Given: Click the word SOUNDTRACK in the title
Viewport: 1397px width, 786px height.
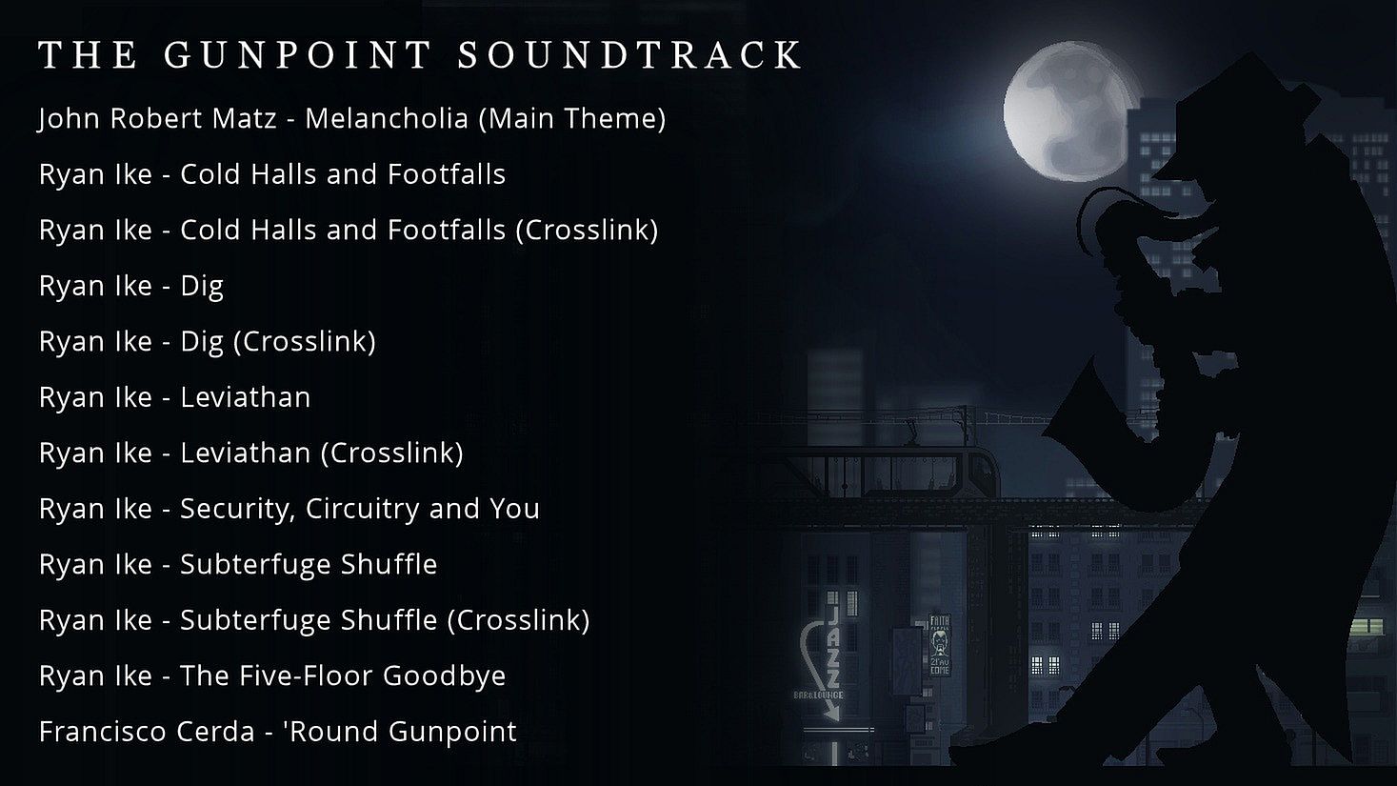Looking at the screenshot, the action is (629, 54).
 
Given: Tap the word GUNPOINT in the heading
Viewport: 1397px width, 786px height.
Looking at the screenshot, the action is (298, 54).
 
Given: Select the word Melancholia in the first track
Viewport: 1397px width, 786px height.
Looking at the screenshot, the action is (387, 118).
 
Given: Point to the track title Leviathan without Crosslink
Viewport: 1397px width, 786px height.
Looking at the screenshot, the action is (245, 396).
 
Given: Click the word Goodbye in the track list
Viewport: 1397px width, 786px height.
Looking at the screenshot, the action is (444, 676).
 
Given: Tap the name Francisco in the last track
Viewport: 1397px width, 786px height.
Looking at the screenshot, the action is (104, 731).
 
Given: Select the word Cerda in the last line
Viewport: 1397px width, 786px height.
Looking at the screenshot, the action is (216, 731).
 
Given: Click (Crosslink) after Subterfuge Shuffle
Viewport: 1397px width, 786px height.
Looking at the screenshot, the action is (518, 620).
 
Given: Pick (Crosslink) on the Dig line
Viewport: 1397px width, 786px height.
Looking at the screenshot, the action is (305, 342).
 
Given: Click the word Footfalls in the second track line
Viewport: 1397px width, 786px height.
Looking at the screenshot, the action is (447, 174).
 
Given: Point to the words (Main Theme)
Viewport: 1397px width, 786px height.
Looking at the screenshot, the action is (572, 118).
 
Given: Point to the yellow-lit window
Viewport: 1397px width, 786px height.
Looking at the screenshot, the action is (1366, 626).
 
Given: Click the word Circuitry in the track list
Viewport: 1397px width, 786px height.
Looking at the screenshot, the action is (362, 509).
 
